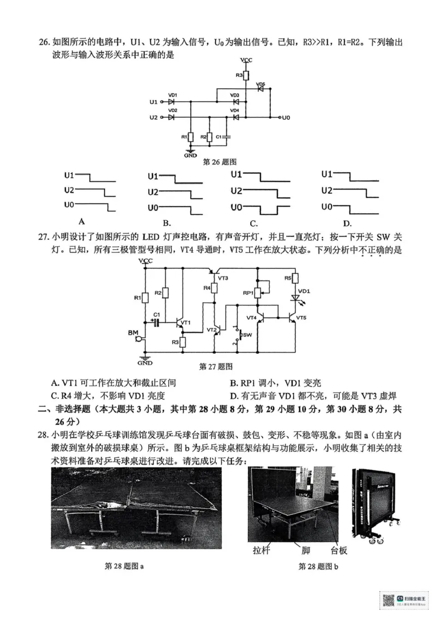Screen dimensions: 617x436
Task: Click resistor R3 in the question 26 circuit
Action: point(246,75)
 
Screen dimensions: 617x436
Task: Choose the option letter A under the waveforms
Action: point(82,221)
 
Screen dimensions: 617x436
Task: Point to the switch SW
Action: point(238,335)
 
